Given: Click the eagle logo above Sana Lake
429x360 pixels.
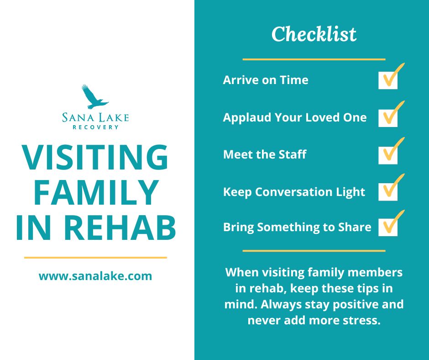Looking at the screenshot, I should point(95,97).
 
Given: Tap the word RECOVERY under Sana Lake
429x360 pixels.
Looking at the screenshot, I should point(96,127).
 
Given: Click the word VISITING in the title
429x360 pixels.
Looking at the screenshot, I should point(95,158).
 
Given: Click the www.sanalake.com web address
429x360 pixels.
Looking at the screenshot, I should point(95,276).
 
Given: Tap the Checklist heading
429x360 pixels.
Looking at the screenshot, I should point(314,35).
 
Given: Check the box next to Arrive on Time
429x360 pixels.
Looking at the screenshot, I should point(388,80).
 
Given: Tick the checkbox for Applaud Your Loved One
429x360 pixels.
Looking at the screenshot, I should point(388,117).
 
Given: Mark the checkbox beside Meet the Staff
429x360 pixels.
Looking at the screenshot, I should point(388,154).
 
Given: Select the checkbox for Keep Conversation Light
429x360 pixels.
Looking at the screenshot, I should point(388,191).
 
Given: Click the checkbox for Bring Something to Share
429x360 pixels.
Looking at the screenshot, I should point(388,227).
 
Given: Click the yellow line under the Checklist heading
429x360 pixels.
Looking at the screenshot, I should point(314,59).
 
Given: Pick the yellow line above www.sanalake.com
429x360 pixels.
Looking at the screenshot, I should point(95,258).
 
